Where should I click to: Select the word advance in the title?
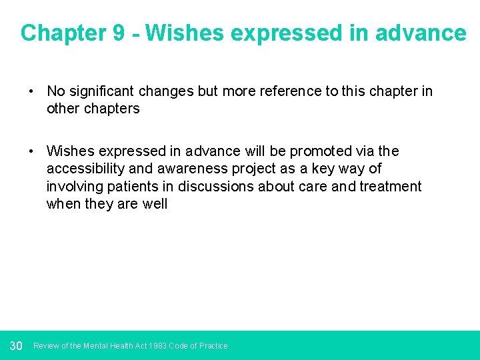pos(421,33)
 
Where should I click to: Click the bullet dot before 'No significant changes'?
pos(31,91)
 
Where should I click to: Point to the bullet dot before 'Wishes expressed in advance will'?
pos(31,151)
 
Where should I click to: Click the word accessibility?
pos(85,169)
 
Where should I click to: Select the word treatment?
pos(391,187)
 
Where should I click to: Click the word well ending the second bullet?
pos(155,204)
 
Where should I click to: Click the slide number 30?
pos(17,345)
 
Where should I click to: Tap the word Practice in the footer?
pos(212,346)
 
